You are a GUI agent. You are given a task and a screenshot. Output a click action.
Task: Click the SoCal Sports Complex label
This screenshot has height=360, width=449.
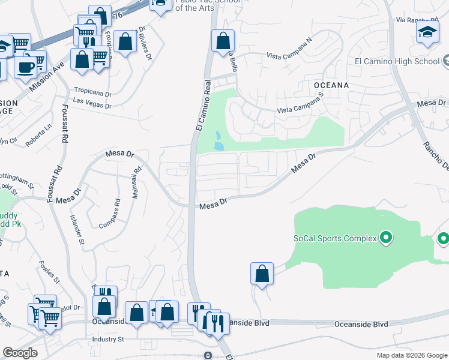(x=334, y=238)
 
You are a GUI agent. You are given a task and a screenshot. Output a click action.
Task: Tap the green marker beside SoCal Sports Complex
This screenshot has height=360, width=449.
(x=386, y=238)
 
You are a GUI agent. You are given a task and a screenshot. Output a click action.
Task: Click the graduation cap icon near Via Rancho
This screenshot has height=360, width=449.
(x=427, y=32)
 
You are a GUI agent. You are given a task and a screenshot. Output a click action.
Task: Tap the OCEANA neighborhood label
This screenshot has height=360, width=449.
(x=331, y=85)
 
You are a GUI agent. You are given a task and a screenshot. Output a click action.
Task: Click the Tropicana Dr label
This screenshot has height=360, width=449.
(x=92, y=94)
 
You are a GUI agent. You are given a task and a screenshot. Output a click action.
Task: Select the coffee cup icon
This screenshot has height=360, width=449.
(x=25, y=67)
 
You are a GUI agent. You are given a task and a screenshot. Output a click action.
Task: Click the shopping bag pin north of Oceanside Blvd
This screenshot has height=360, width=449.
(x=262, y=274)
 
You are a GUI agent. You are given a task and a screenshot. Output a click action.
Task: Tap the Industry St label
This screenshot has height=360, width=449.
(x=107, y=340)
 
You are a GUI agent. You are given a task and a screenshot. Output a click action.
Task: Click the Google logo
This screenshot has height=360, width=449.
(x=20, y=353)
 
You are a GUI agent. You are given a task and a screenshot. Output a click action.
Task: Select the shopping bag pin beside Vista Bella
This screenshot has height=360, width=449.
(x=223, y=41)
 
